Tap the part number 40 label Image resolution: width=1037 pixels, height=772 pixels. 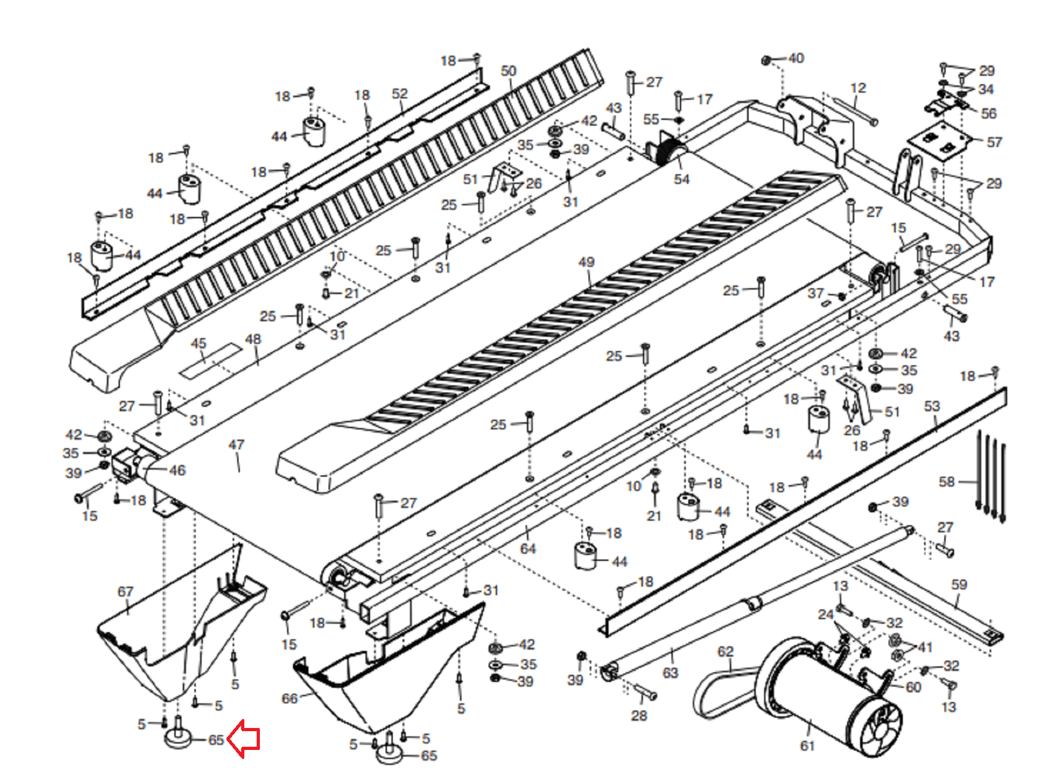[x=796, y=58]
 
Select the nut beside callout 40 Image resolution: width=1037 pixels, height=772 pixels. [x=766, y=60]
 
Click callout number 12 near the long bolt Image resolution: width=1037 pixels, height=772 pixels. [x=858, y=88]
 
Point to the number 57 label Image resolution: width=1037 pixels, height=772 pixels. [x=994, y=142]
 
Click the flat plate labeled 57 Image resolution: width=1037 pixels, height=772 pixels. [x=939, y=142]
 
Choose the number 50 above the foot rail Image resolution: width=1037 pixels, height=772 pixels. [x=509, y=71]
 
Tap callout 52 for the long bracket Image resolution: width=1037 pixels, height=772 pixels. [x=400, y=94]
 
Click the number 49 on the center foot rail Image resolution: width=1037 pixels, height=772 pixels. [x=586, y=262]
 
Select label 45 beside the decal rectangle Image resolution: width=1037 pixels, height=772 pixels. [x=198, y=343]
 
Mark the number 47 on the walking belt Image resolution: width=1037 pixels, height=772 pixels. [x=237, y=445]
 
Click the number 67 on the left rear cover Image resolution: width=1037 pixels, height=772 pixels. [x=125, y=591]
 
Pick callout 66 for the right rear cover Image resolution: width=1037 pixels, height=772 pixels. [x=289, y=698]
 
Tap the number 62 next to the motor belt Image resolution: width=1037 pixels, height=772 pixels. [x=725, y=652]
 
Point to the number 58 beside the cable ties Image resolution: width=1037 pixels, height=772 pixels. [x=947, y=481]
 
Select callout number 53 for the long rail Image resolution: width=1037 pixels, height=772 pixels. [x=932, y=406]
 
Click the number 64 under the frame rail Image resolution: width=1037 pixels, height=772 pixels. [x=528, y=549]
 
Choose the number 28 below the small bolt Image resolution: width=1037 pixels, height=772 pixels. [x=639, y=715]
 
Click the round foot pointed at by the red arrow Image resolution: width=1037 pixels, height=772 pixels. [x=178, y=738]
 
